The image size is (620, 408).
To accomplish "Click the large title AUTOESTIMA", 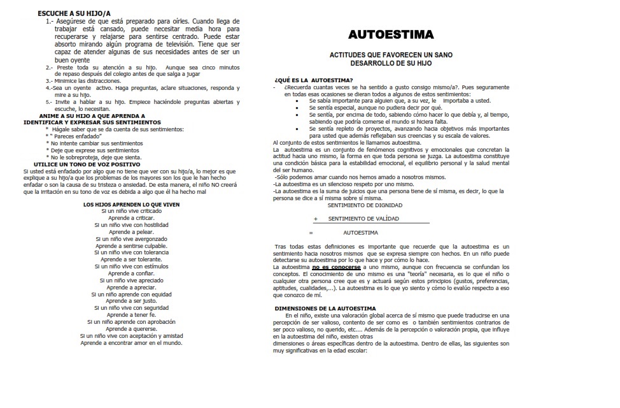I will pyautogui.click(x=391, y=34).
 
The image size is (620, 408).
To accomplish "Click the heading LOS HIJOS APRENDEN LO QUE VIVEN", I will pyautogui.click(x=132, y=205).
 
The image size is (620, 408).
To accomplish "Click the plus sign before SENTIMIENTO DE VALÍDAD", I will pyautogui.click(x=315, y=219).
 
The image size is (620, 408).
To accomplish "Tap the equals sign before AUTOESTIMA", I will pyautogui.click(x=311, y=233).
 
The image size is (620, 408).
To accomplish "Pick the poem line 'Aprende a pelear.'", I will pyautogui.click(x=132, y=232).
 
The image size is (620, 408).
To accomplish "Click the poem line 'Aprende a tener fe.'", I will pyautogui.click(x=132, y=315).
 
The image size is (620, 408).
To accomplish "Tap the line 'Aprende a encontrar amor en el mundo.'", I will pyautogui.click(x=132, y=342).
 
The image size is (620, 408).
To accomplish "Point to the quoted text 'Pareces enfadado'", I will pyautogui.click(x=76, y=136).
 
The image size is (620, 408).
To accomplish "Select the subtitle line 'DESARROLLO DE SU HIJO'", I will pyautogui.click(x=391, y=64).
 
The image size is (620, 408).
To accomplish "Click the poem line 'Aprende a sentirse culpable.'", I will pyautogui.click(x=132, y=246).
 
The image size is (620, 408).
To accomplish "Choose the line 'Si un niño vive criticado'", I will pyautogui.click(x=132, y=211).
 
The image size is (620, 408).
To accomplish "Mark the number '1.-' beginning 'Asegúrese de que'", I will pyautogui.click(x=50, y=22).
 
